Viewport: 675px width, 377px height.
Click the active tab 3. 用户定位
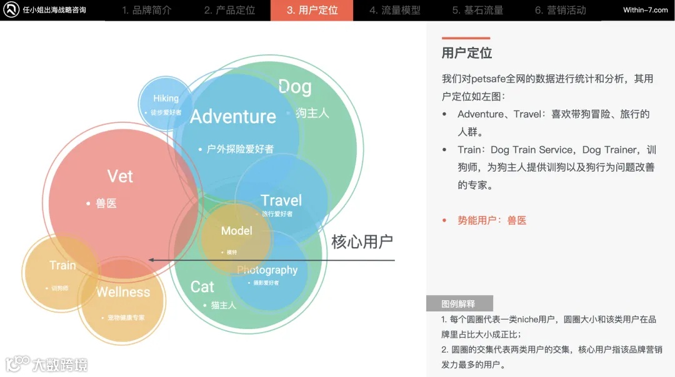(312, 10)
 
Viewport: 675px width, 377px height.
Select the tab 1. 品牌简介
(146, 10)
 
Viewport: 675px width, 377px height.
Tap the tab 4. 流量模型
(394, 10)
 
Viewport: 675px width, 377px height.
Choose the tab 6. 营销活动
(560, 10)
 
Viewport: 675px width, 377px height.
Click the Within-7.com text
(645, 10)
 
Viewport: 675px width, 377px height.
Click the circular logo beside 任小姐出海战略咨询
(11, 10)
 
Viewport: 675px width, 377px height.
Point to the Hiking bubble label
(166, 98)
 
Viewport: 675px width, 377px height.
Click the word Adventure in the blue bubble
(233, 117)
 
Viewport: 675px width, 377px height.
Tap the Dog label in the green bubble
(295, 87)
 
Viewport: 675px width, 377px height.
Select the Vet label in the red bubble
(120, 177)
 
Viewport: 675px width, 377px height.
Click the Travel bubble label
(281, 200)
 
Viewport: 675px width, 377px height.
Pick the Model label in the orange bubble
(237, 231)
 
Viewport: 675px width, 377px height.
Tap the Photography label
(267, 270)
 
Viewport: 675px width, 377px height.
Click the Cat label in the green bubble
(202, 286)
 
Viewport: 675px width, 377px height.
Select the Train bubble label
(62, 265)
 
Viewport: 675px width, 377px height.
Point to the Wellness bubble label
(123, 292)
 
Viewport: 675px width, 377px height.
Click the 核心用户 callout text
(362, 242)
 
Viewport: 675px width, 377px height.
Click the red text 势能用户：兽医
(492, 220)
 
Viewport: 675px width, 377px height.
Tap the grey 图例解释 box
(459, 304)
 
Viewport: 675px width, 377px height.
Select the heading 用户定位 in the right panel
(467, 53)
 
